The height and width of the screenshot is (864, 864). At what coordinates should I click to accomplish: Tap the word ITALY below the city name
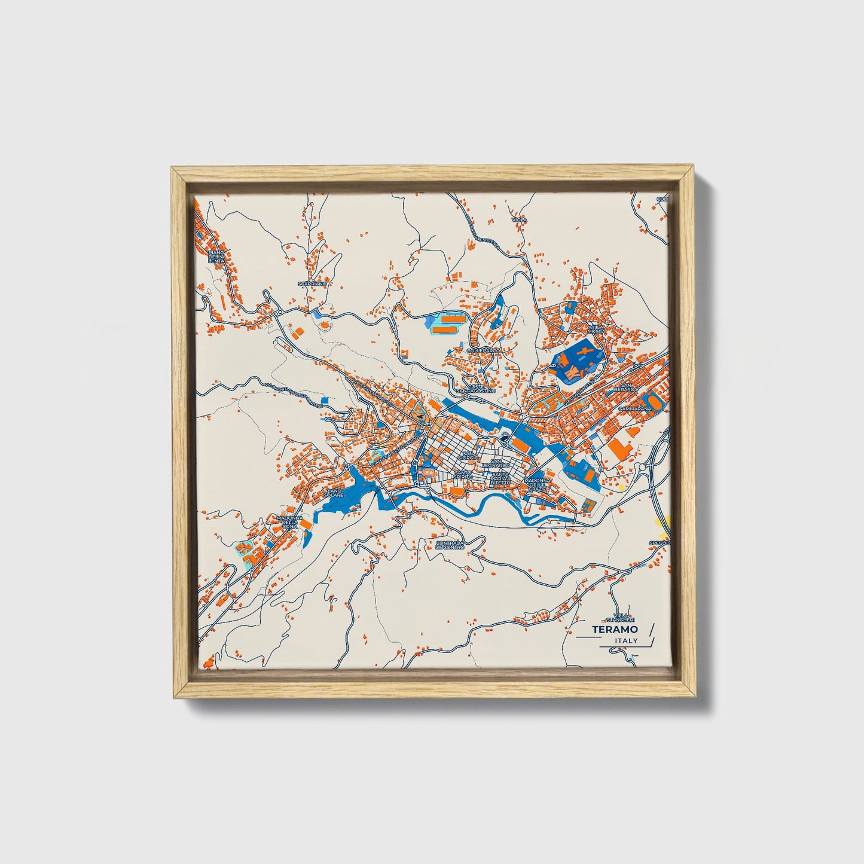625,640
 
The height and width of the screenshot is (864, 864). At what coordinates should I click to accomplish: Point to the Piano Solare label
333,493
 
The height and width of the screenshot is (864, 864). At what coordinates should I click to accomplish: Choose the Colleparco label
483,350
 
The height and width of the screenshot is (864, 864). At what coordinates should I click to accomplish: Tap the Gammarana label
635,410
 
